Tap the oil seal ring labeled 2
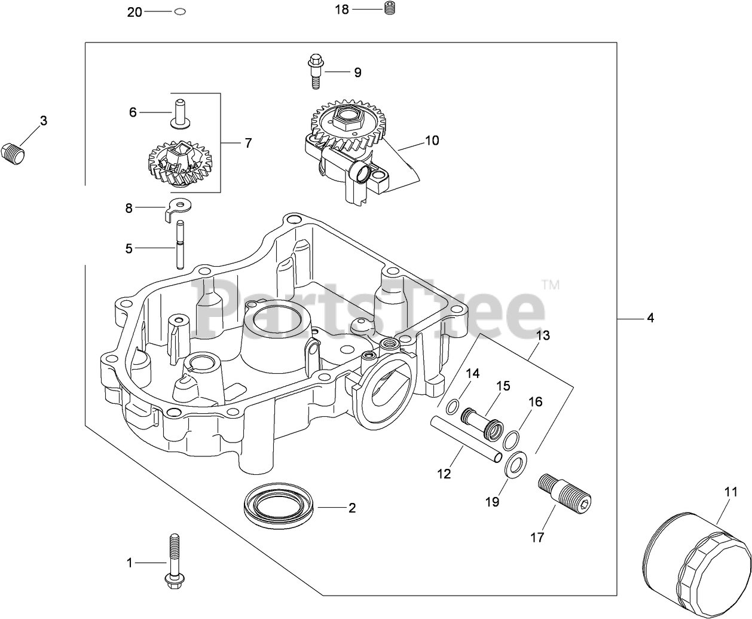pos(279,505)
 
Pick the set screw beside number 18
pos(390,9)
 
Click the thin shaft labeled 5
pos(180,245)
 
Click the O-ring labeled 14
pos(454,407)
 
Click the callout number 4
pos(650,318)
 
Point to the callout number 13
pos(542,336)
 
